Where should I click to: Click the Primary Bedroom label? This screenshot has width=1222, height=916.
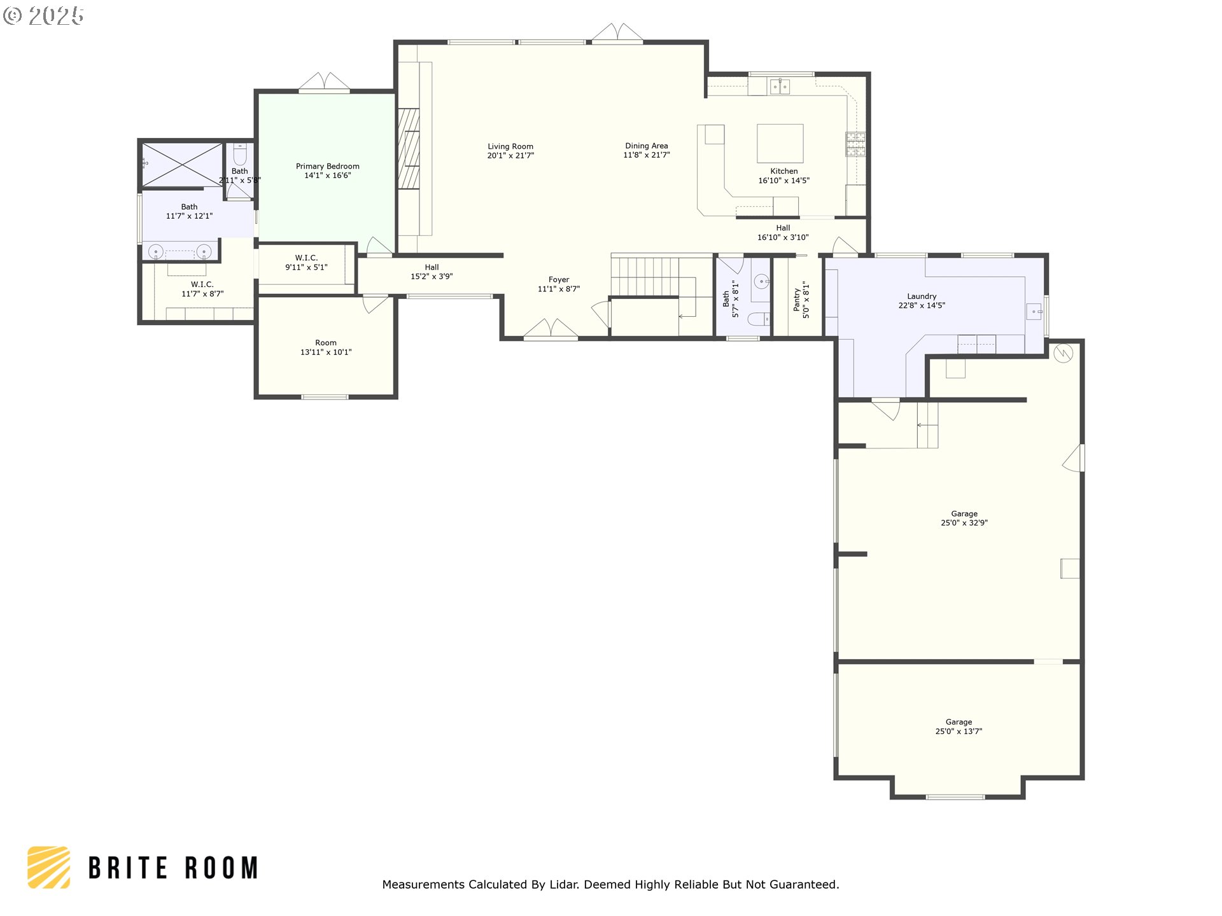(x=327, y=166)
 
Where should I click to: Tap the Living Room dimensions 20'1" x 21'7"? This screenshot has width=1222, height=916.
(x=510, y=156)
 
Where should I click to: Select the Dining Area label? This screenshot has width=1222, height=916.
(x=646, y=146)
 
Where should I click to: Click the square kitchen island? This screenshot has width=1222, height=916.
(x=780, y=143)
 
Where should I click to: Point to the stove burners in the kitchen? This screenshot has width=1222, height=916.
(x=855, y=144)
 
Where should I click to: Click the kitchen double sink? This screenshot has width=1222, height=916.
(x=780, y=86)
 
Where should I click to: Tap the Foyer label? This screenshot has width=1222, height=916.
(x=558, y=279)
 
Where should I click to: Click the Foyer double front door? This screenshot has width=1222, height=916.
(x=551, y=329)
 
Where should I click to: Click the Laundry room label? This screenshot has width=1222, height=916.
(x=921, y=296)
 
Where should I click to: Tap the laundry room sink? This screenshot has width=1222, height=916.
(x=1034, y=312)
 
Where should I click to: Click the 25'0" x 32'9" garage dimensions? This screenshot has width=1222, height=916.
(x=964, y=523)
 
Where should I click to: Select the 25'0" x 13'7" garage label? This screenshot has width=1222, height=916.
(x=958, y=726)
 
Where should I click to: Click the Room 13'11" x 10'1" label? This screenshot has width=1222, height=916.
(x=325, y=347)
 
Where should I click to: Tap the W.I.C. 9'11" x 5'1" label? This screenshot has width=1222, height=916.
(x=306, y=263)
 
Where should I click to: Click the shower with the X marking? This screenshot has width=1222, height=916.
(x=182, y=165)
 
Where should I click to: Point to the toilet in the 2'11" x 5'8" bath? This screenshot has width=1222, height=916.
(x=240, y=154)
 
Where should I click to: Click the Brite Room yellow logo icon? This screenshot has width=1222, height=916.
(x=49, y=867)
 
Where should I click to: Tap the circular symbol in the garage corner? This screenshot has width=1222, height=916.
(x=1063, y=353)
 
